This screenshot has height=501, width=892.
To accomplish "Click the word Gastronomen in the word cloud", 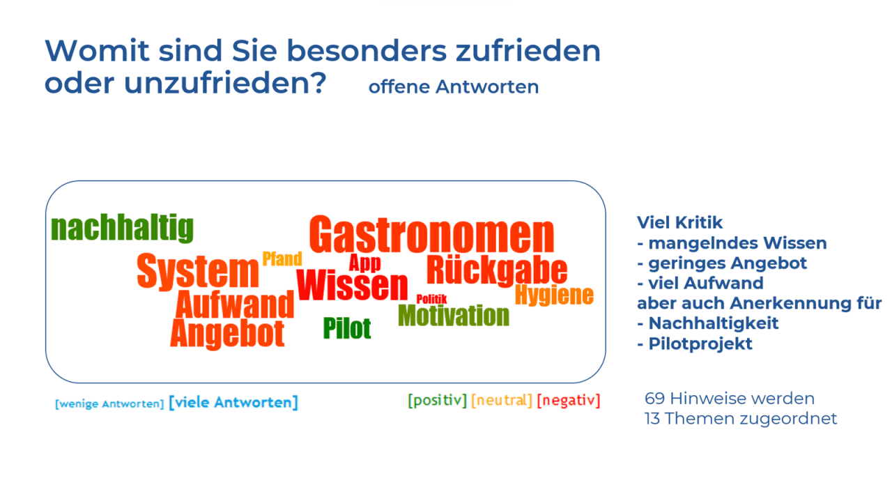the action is [431, 234].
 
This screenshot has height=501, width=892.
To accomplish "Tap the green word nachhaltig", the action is [122, 227].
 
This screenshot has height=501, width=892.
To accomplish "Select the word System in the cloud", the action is [197, 272].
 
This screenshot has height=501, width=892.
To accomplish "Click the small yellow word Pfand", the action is [282, 259].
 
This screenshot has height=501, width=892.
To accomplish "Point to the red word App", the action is [364, 263].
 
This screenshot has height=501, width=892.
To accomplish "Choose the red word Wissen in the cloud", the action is [352, 285].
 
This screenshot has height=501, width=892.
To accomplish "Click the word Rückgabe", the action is [497, 270].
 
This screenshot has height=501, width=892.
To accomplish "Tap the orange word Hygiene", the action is [554, 295].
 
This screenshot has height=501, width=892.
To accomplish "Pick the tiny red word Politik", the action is [431, 299].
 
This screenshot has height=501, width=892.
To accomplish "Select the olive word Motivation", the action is [454, 316].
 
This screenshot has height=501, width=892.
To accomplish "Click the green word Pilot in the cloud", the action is [347, 328].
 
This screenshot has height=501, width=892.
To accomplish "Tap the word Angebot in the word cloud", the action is [227, 334].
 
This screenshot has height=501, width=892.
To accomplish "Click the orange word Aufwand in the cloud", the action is [235, 305].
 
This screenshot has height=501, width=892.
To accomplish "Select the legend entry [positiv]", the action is [437, 400].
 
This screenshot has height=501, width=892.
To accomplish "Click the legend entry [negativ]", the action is [568, 400].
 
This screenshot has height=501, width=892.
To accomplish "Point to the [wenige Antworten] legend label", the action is [109, 404].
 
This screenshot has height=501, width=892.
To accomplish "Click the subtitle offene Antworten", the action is [454, 86].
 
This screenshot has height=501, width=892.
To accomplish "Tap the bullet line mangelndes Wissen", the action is [732, 243].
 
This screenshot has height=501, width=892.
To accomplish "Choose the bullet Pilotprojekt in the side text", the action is [695, 344].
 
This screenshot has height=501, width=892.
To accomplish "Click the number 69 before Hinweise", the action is [654, 399].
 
